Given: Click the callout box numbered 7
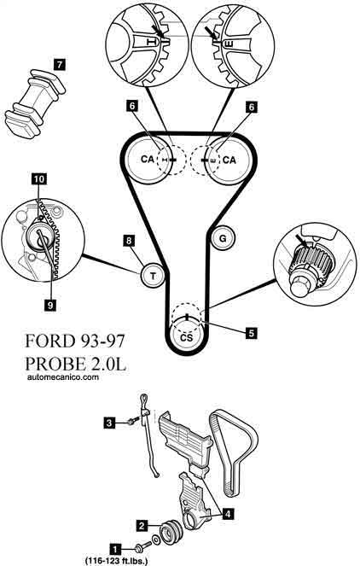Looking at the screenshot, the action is pyautogui.click(x=59, y=65).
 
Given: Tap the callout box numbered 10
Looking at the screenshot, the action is pyautogui.click(x=39, y=178).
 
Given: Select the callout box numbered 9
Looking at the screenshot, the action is pyautogui.click(x=50, y=305).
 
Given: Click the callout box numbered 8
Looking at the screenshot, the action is pyautogui.click(x=129, y=241).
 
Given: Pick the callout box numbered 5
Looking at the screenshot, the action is pyautogui.click(x=251, y=333).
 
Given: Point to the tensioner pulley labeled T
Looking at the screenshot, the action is pyautogui.click(x=153, y=276).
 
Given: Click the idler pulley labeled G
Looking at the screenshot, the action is pyautogui.click(x=223, y=238).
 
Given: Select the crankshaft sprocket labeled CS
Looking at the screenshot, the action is pyautogui.click(x=186, y=337).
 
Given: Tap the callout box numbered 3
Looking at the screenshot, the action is pyautogui.click(x=110, y=422).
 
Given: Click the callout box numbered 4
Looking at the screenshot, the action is pyautogui.click(x=228, y=513).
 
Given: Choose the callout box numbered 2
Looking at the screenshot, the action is pyautogui.click(x=142, y=525).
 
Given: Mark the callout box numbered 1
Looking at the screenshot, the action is pyautogui.click(x=115, y=550).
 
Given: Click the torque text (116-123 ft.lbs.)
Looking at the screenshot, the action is pyautogui.click(x=116, y=561).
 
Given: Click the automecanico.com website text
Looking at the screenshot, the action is pyautogui.click(x=63, y=377).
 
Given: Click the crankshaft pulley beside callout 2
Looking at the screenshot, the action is pyautogui.click(x=171, y=531).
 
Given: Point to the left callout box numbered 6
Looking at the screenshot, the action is pyautogui.click(x=132, y=107).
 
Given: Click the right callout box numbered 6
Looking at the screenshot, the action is pyautogui.click(x=251, y=107).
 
